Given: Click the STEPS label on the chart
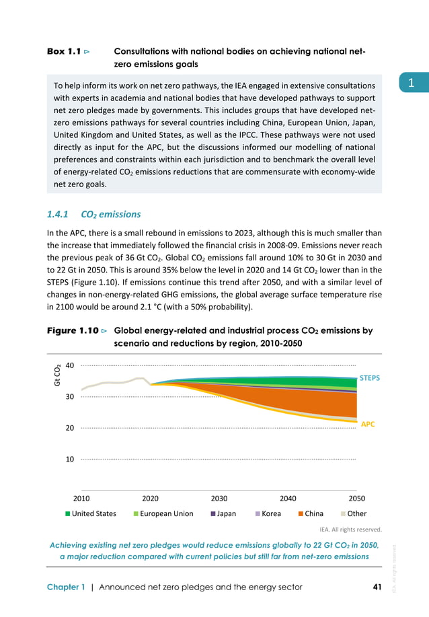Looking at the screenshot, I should click(x=370, y=378).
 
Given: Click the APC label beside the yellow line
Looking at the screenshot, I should click(x=368, y=425).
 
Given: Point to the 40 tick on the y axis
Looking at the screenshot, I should click(x=69, y=365).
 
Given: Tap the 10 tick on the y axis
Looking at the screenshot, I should click(x=69, y=459).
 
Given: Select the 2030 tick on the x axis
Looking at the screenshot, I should click(x=219, y=499).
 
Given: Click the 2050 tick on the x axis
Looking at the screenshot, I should click(x=357, y=499).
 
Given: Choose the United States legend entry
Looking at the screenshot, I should click(x=91, y=513).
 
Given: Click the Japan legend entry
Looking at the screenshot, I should click(x=222, y=513).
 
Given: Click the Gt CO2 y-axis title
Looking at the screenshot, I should click(x=58, y=375).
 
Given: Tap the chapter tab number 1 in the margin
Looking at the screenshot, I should click(x=409, y=83).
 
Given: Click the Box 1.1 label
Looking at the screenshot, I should click(x=64, y=51).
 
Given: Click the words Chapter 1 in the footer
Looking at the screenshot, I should click(x=66, y=587).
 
